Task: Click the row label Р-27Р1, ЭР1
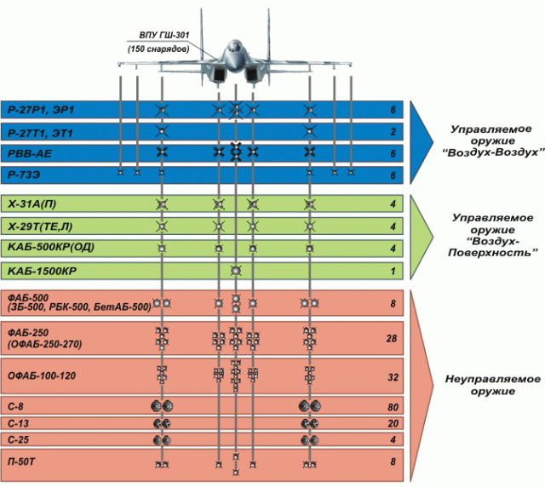[x=40, y=111]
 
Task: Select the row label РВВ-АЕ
[x=29, y=153]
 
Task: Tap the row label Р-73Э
[x=26, y=175]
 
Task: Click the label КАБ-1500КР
[x=42, y=272]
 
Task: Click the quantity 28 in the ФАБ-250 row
[x=391, y=339]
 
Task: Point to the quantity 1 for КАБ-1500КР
[x=393, y=272]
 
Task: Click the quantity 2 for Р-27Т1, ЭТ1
[x=393, y=132]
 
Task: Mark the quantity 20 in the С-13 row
[x=391, y=423]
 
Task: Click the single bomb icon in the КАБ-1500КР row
[x=236, y=271]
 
